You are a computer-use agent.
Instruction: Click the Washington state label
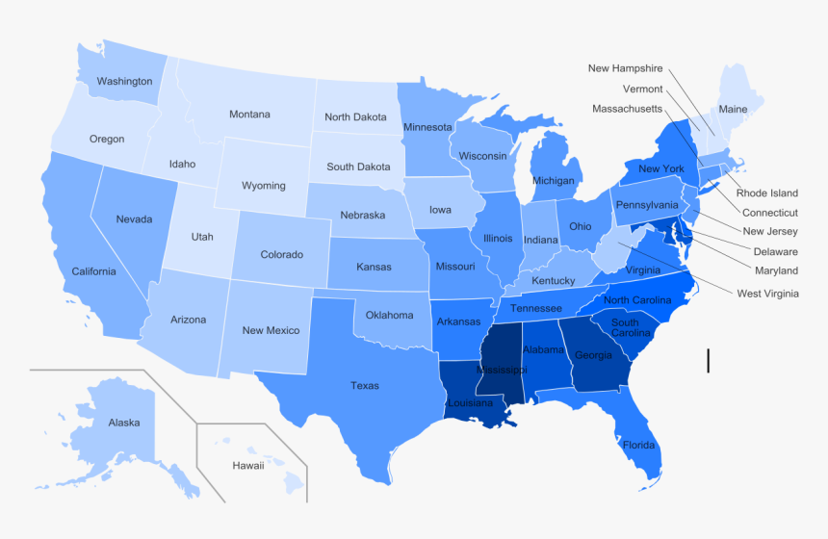pyautogui.click(x=124, y=82)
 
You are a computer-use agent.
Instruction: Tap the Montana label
pyautogui.click(x=249, y=115)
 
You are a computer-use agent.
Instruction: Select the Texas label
pyautogui.click(x=365, y=386)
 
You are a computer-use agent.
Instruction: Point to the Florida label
pyautogui.click(x=638, y=446)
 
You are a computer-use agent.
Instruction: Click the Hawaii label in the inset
pyautogui.click(x=247, y=466)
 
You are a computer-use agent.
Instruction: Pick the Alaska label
pyautogui.click(x=124, y=423)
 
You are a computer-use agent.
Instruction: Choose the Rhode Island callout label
pyautogui.click(x=765, y=193)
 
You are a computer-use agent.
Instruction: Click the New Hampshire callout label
pyautogui.click(x=626, y=68)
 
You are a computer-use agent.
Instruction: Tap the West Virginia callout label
pyautogui.click(x=767, y=294)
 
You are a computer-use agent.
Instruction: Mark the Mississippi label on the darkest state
pyautogui.click(x=500, y=370)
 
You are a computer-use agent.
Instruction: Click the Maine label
pyautogui.click(x=733, y=110)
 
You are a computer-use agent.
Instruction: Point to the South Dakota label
pyautogui.click(x=358, y=167)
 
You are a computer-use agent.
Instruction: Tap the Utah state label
pyautogui.click(x=202, y=237)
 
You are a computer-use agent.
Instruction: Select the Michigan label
pyautogui.click(x=554, y=181)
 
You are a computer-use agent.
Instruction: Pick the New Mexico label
pyautogui.click(x=271, y=331)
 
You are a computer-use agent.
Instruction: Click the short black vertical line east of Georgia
pyautogui.click(x=709, y=361)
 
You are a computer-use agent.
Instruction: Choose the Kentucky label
pyautogui.click(x=553, y=281)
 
